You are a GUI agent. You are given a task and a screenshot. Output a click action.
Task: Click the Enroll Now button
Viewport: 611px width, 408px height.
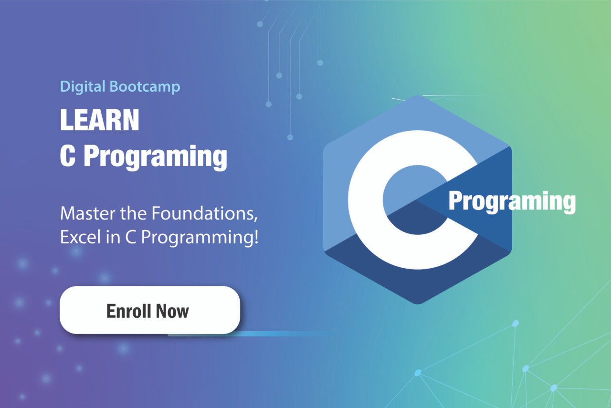(x=150, y=310)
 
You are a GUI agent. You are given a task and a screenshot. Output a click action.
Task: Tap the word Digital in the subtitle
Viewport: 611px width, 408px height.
(x=83, y=87)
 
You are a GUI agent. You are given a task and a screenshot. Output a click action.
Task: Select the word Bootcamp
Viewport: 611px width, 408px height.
(x=145, y=87)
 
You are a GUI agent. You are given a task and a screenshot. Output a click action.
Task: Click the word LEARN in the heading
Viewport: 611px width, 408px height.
(x=100, y=119)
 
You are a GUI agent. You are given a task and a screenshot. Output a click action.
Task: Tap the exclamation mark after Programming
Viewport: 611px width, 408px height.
(x=256, y=237)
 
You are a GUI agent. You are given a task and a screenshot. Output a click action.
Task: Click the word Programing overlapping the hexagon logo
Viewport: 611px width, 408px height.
(x=512, y=201)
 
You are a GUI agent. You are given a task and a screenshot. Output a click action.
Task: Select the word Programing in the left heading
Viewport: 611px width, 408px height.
(x=155, y=157)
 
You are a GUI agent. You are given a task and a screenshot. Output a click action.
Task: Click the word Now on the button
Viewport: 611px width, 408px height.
(x=172, y=311)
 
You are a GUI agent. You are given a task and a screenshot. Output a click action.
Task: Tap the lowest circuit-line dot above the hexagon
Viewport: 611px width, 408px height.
(x=290, y=137)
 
